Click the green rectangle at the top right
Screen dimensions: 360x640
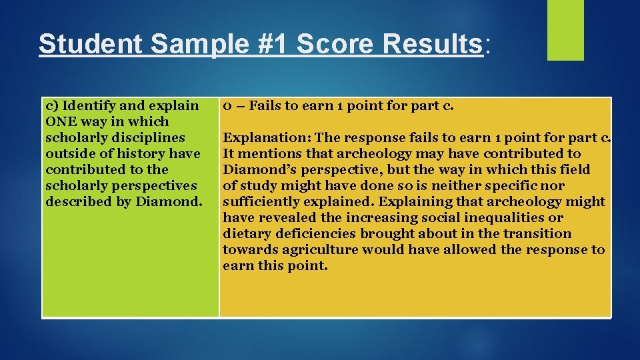coord(565,29)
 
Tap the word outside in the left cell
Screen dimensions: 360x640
coord(69,153)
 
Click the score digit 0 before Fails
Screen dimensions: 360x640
coord(227,105)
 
